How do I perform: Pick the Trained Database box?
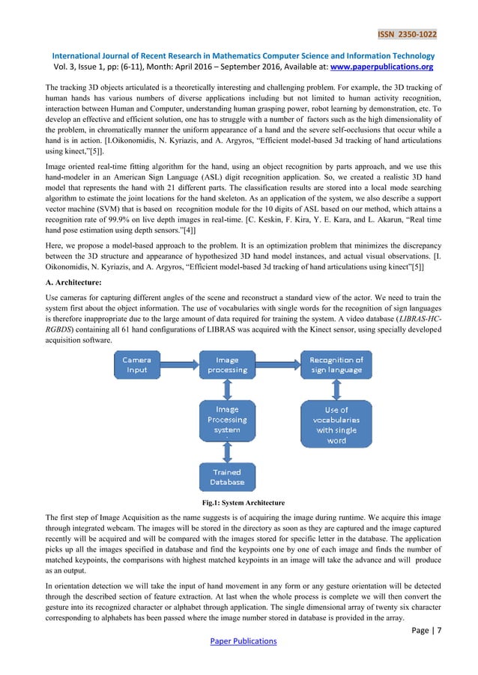(x=227, y=477)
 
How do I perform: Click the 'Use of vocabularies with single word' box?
(x=336, y=424)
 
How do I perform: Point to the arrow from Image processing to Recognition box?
(x=277, y=364)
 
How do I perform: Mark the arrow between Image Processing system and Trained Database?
(x=227, y=451)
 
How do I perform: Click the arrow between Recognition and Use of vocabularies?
(x=336, y=389)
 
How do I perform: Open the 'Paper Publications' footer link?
(x=238, y=641)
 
